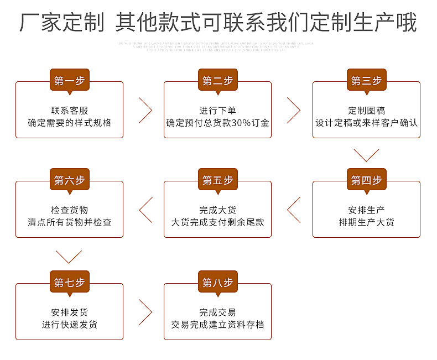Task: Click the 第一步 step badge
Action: (x=69, y=80)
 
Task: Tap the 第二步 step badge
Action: (x=217, y=80)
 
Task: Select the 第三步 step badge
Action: (x=366, y=80)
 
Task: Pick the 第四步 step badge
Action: (x=366, y=180)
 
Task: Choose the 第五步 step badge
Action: (x=217, y=180)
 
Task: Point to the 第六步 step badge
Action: (x=69, y=180)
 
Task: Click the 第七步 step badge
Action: (x=69, y=282)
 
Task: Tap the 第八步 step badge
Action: (x=217, y=282)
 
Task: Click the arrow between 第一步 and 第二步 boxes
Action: (x=144, y=110)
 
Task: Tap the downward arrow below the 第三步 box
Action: (x=366, y=154)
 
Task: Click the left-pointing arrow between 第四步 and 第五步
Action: (x=294, y=210)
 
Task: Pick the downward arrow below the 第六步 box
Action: (x=69, y=256)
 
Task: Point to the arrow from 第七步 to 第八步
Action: (x=144, y=312)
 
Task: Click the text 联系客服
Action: (x=69, y=110)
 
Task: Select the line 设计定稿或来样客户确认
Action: (x=366, y=123)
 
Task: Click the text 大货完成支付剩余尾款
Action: (x=217, y=222)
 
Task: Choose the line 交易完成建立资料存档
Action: (x=217, y=325)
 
